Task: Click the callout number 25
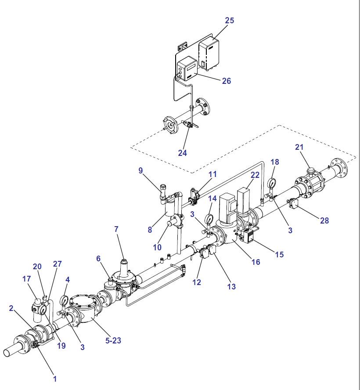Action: click(x=230, y=21)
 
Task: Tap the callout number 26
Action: click(x=226, y=81)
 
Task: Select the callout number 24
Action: click(x=182, y=153)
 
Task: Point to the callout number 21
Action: click(x=299, y=147)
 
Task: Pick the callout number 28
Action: click(x=324, y=220)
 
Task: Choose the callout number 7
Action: click(x=116, y=229)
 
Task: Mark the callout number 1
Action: click(x=55, y=378)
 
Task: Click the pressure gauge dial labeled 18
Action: click(x=272, y=182)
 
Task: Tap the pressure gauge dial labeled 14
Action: click(x=209, y=219)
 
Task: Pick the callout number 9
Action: click(x=141, y=170)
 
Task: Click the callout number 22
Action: click(x=255, y=175)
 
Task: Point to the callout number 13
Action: click(x=231, y=286)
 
